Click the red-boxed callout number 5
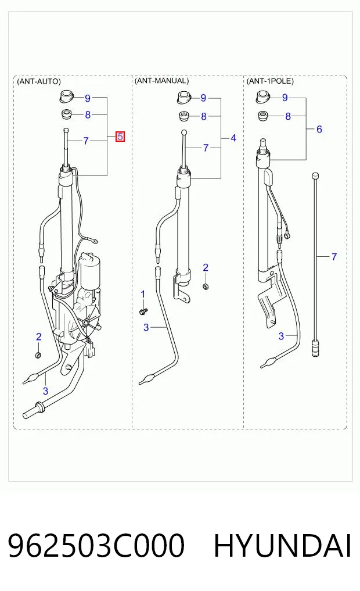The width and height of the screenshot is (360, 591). point(120,137)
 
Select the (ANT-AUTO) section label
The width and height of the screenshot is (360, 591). point(39,81)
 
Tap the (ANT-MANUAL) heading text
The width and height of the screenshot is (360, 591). point(161,81)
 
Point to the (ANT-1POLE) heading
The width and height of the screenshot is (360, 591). point(270,81)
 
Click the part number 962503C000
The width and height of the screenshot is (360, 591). point(96,546)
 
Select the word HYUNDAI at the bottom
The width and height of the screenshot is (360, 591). point(282,546)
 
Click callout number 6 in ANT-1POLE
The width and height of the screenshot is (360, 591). point(319,129)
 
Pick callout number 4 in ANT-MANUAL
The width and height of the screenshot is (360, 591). point(233,138)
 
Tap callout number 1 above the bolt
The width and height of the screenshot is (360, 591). point(143,294)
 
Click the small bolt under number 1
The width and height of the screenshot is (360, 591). point(143,311)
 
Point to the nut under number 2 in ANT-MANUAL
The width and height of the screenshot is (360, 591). point(206,287)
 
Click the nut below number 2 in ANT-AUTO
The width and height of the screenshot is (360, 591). point(38,354)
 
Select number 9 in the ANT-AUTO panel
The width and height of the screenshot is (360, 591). point(87,98)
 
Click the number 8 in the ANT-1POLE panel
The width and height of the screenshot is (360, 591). point(288,116)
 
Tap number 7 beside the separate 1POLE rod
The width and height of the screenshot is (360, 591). point(334,257)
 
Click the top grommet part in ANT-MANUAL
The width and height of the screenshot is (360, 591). point(184,97)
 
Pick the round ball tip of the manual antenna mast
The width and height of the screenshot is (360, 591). point(183,132)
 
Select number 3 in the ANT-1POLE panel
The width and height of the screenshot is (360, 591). point(281,336)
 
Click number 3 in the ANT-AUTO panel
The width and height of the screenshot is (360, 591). point(45,391)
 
